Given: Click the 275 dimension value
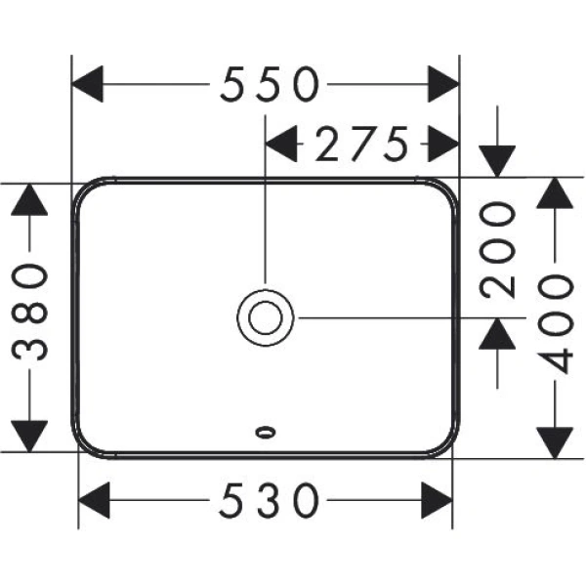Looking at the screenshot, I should click(x=360, y=146).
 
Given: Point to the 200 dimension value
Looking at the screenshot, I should click(x=499, y=249).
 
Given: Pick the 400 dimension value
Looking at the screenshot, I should click(x=558, y=323).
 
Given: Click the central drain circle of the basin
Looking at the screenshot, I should click(x=266, y=315).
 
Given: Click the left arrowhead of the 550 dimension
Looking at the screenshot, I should click(x=90, y=86).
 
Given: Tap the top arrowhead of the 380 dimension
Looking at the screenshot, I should click(x=31, y=200).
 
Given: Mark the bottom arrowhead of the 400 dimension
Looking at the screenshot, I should click(x=556, y=439).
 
